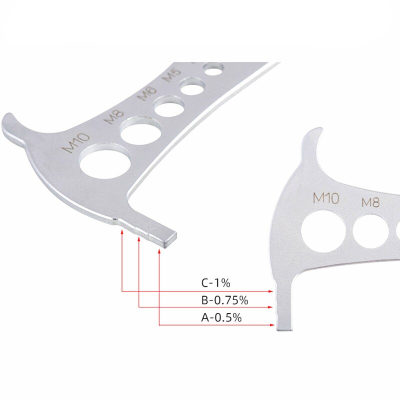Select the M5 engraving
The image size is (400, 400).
pos(172,75)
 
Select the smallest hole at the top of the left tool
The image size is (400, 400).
pos(213,70)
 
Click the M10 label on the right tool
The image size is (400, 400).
pos(325,197)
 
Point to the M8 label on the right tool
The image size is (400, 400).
pos(371,202)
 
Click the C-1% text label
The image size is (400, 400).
pos(215,283)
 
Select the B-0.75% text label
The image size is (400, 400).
pos(224,300)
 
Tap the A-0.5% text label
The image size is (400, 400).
pos(220,317)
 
